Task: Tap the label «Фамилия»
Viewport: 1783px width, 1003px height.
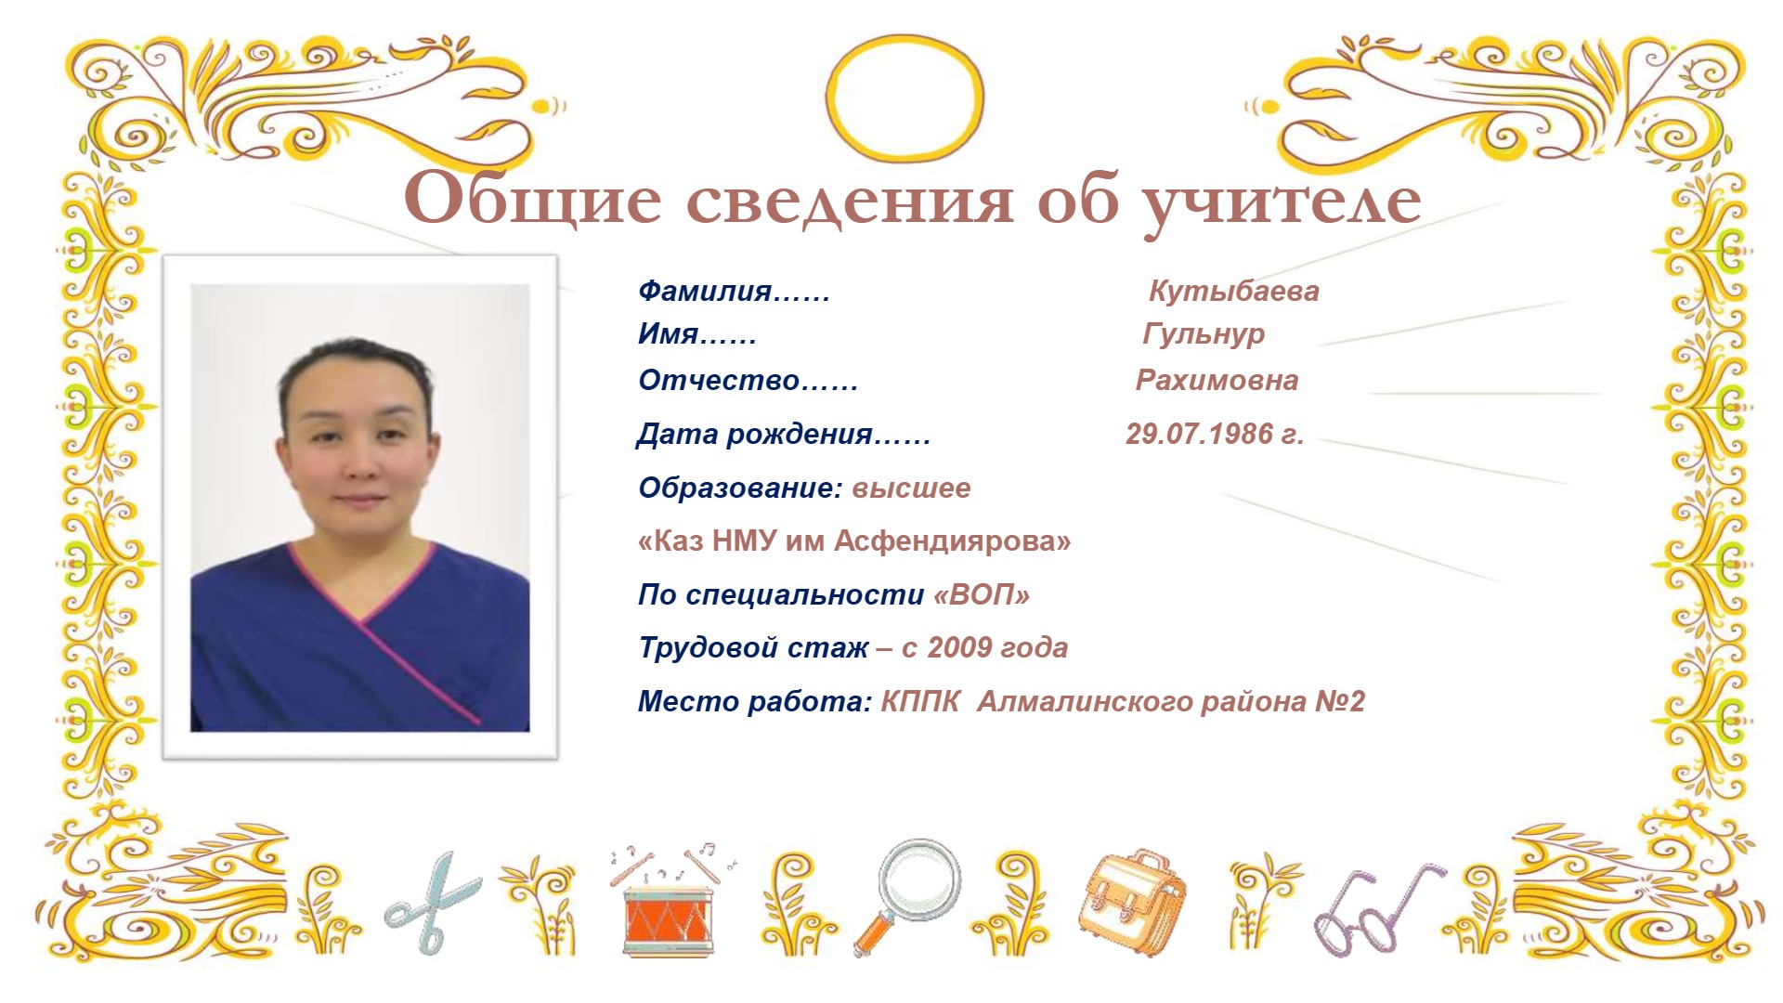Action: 705,292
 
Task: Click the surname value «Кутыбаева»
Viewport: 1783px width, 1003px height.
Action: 1233,292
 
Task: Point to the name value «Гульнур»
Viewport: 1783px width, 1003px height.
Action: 1204,334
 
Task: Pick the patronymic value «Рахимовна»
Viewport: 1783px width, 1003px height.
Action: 1217,381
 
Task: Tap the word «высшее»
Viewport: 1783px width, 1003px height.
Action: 911,488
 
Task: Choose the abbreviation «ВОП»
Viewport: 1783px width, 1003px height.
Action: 982,594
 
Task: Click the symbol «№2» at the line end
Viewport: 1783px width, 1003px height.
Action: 1340,701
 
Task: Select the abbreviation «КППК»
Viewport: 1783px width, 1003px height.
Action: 919,701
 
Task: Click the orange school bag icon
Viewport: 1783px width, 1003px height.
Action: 1132,901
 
